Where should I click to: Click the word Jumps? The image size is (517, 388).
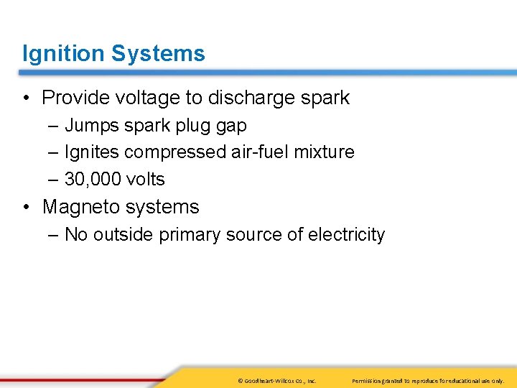click(91, 126)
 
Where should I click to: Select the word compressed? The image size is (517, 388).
click(174, 152)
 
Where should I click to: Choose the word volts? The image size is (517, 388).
click(144, 180)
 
